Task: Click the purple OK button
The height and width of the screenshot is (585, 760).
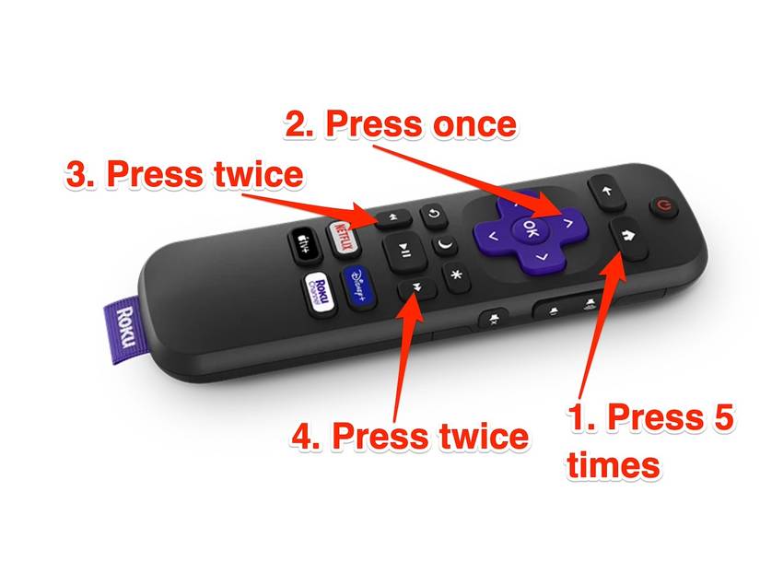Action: pos(530,226)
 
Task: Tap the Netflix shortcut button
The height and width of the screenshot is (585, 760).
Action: pos(342,229)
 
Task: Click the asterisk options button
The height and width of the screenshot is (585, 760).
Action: pos(455,275)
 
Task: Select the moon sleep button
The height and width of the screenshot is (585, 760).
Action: pos(445,246)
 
